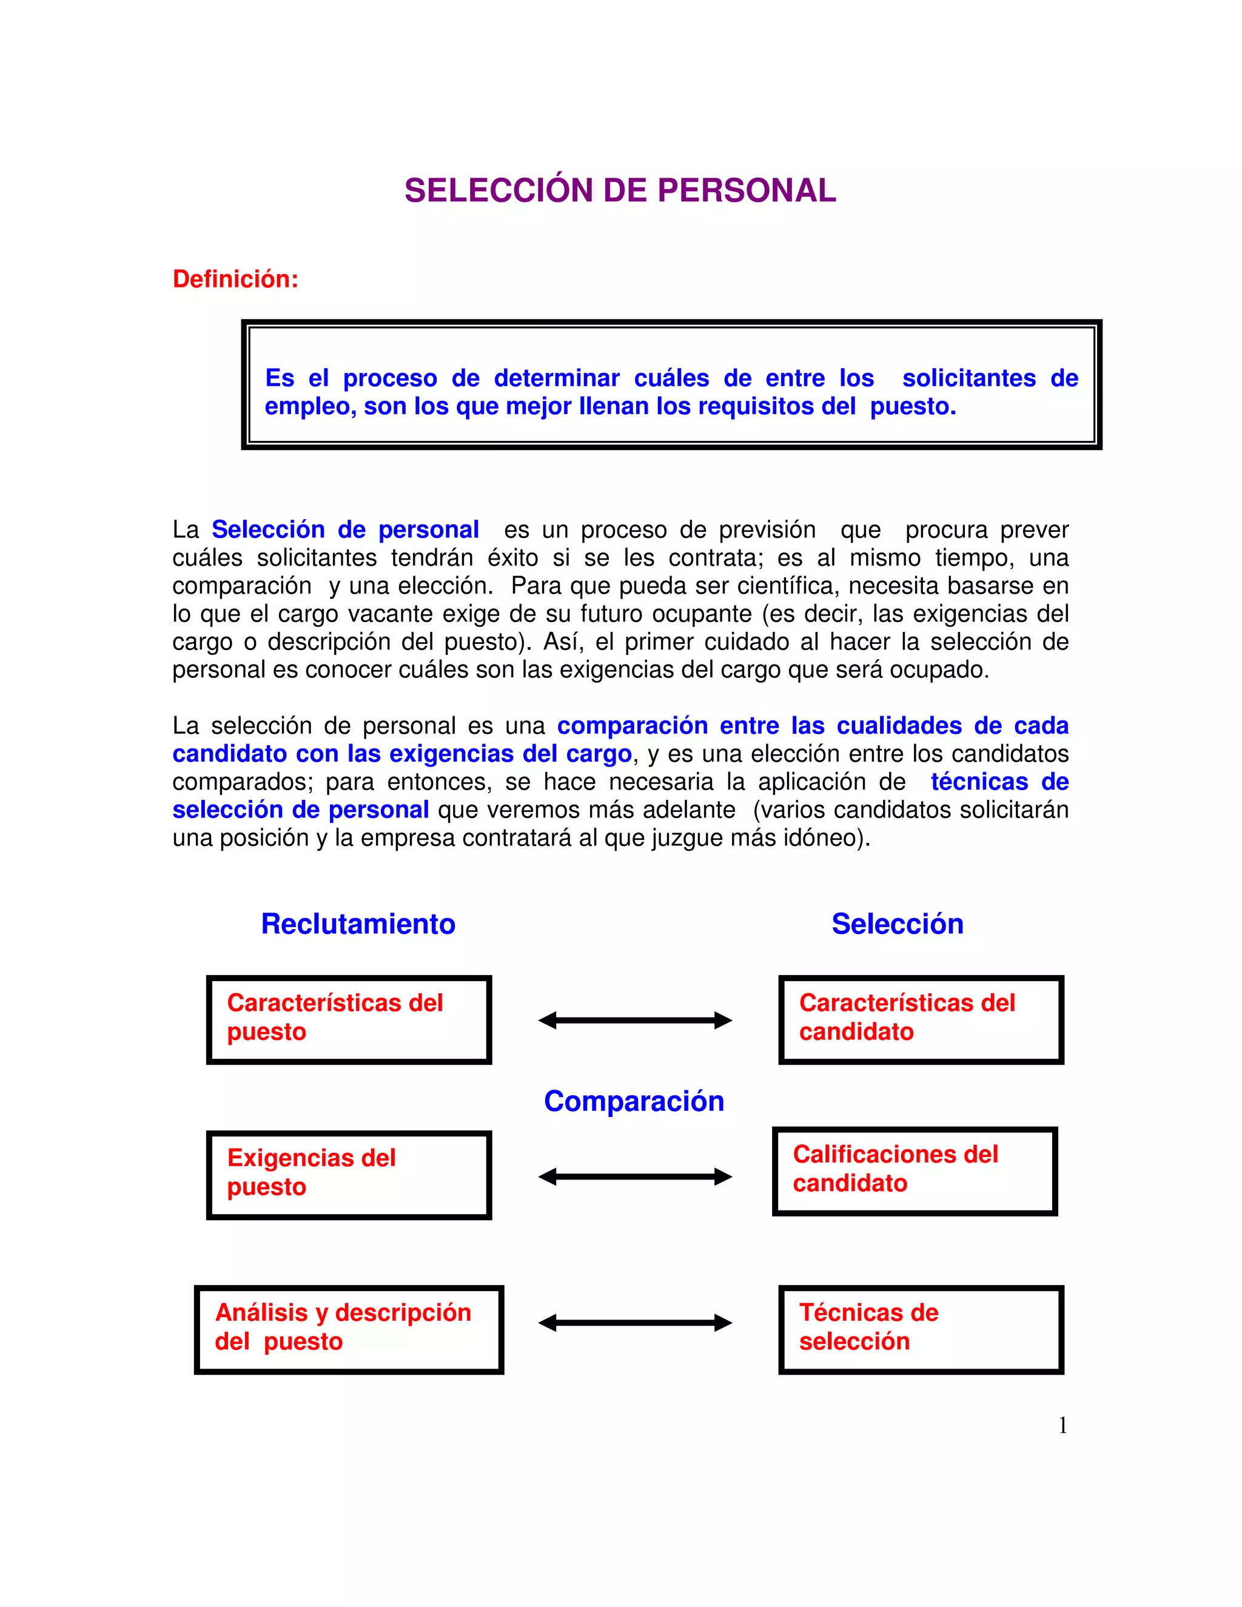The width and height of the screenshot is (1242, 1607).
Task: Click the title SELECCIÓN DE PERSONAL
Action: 620,190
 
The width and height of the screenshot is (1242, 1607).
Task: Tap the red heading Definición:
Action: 235,279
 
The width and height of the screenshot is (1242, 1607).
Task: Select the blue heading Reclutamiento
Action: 358,924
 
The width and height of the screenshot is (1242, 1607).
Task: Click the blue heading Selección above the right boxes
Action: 897,924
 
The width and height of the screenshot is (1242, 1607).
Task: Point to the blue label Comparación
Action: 634,1101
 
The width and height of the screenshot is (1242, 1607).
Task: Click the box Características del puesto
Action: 349,1019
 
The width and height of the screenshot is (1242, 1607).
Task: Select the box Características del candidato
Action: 921,1019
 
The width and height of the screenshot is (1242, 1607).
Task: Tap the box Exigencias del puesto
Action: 349,1175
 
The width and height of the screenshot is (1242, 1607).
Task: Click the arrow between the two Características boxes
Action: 635,1021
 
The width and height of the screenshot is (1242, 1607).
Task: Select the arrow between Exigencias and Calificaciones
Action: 635,1176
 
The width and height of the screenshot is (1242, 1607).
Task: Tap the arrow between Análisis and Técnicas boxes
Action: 635,1323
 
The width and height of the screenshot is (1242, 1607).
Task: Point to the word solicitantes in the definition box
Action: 968,378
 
